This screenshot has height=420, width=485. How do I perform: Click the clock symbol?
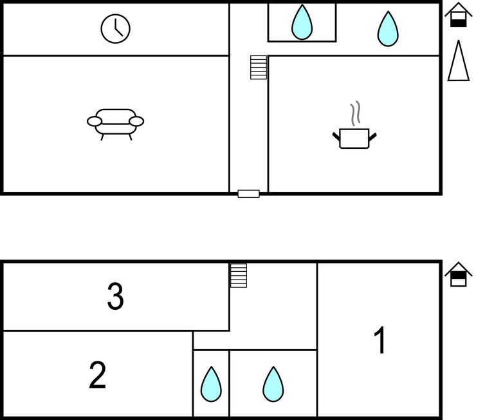coord(115,29)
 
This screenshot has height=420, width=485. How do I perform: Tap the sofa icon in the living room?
coord(116,123)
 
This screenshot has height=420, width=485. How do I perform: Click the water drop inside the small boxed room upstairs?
coord(302,24)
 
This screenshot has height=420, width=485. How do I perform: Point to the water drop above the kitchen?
coord(387,30)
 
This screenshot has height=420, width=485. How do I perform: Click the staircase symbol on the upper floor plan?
coord(259,67)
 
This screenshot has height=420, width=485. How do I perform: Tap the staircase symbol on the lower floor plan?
coord(239,276)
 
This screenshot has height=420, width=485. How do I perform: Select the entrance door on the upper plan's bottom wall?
coord(248,193)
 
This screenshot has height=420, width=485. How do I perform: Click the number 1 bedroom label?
coord(380,341)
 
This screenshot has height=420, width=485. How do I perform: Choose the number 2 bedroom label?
coord(97,375)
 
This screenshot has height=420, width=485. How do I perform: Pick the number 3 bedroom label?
coord(115,297)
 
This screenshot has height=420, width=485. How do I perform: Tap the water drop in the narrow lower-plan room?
coord(211,385)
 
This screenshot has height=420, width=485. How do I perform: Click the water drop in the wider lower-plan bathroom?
coord(273,385)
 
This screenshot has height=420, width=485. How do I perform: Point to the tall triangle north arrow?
coord(457,62)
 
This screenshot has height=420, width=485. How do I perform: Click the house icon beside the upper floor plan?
coord(458,15)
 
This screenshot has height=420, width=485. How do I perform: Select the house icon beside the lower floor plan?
coord(458,274)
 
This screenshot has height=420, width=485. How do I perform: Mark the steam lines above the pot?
coord(354,114)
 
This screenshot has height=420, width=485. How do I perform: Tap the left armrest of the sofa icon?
coord(95,121)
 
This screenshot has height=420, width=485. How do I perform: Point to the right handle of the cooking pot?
coord(373,135)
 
